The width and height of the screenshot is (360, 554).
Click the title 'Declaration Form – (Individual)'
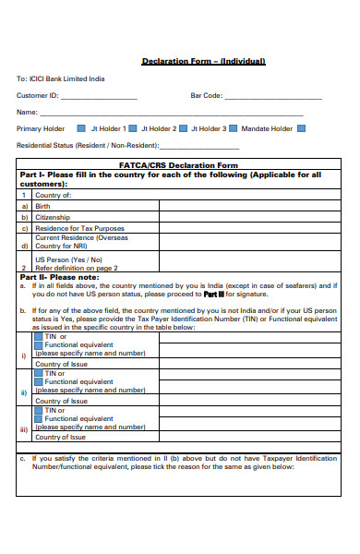(x=203, y=61)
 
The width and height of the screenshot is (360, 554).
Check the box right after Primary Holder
(x=81, y=128)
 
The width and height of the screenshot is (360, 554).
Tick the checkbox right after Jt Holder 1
(x=132, y=128)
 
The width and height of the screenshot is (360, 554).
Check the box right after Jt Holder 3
(x=233, y=128)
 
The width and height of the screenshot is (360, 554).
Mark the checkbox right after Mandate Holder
(x=302, y=128)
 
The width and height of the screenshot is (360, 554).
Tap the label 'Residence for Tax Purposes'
(x=79, y=228)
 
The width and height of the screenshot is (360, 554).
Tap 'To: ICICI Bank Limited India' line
(x=61, y=79)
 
